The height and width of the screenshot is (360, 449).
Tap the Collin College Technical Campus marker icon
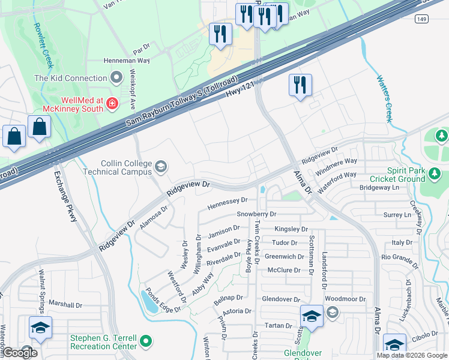(x=160, y=166)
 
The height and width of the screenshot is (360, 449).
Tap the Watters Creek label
(x=384, y=98)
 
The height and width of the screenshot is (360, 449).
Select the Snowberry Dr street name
(x=256, y=214)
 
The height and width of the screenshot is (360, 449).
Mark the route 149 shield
(x=422, y=19)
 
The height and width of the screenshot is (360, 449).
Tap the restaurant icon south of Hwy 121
(x=300, y=85)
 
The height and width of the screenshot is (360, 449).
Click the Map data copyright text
(x=411, y=355)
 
